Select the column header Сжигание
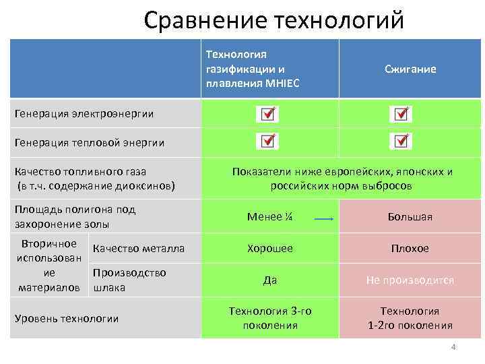[x=410, y=69]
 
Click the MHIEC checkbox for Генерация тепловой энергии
[x=267, y=142]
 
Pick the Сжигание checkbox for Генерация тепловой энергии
[x=401, y=142]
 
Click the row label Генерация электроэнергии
[x=84, y=114]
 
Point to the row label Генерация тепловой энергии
[x=90, y=142]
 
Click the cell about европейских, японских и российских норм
[x=342, y=179]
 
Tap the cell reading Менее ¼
[x=269, y=217]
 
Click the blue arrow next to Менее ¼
[x=325, y=219]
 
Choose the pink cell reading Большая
[x=410, y=217]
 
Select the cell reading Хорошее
[x=269, y=248]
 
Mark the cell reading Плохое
[x=410, y=249]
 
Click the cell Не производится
[x=410, y=280]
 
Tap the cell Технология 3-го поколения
[x=269, y=317]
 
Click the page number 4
[x=453, y=347]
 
